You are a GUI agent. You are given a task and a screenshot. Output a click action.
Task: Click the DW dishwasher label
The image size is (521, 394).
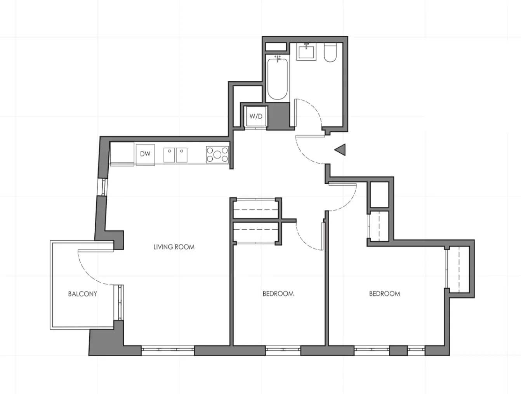tap(145, 154)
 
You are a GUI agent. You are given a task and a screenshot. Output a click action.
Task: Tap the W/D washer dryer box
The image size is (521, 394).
tap(256, 116)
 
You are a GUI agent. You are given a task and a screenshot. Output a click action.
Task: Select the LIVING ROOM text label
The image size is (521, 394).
tap(174, 247)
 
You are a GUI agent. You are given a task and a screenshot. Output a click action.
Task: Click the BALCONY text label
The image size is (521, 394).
tap(82, 294)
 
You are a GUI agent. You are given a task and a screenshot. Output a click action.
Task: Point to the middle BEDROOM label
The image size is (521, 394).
tap(278, 294)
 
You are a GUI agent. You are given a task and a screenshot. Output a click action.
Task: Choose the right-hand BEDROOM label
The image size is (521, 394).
tap(384, 294)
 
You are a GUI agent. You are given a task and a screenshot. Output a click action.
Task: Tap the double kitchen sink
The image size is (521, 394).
tap(175, 155)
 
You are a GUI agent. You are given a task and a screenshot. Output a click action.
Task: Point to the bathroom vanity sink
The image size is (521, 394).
tap(307, 51)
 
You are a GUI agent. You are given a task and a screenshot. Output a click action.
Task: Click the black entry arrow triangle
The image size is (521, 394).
tap(340, 150)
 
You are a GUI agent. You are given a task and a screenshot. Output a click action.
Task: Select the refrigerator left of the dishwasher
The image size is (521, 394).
tap(122, 154)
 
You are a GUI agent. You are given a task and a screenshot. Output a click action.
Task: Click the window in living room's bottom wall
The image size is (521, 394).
tap(167, 350)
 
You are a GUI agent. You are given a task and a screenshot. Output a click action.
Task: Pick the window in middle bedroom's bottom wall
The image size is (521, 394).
tap(283, 351)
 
